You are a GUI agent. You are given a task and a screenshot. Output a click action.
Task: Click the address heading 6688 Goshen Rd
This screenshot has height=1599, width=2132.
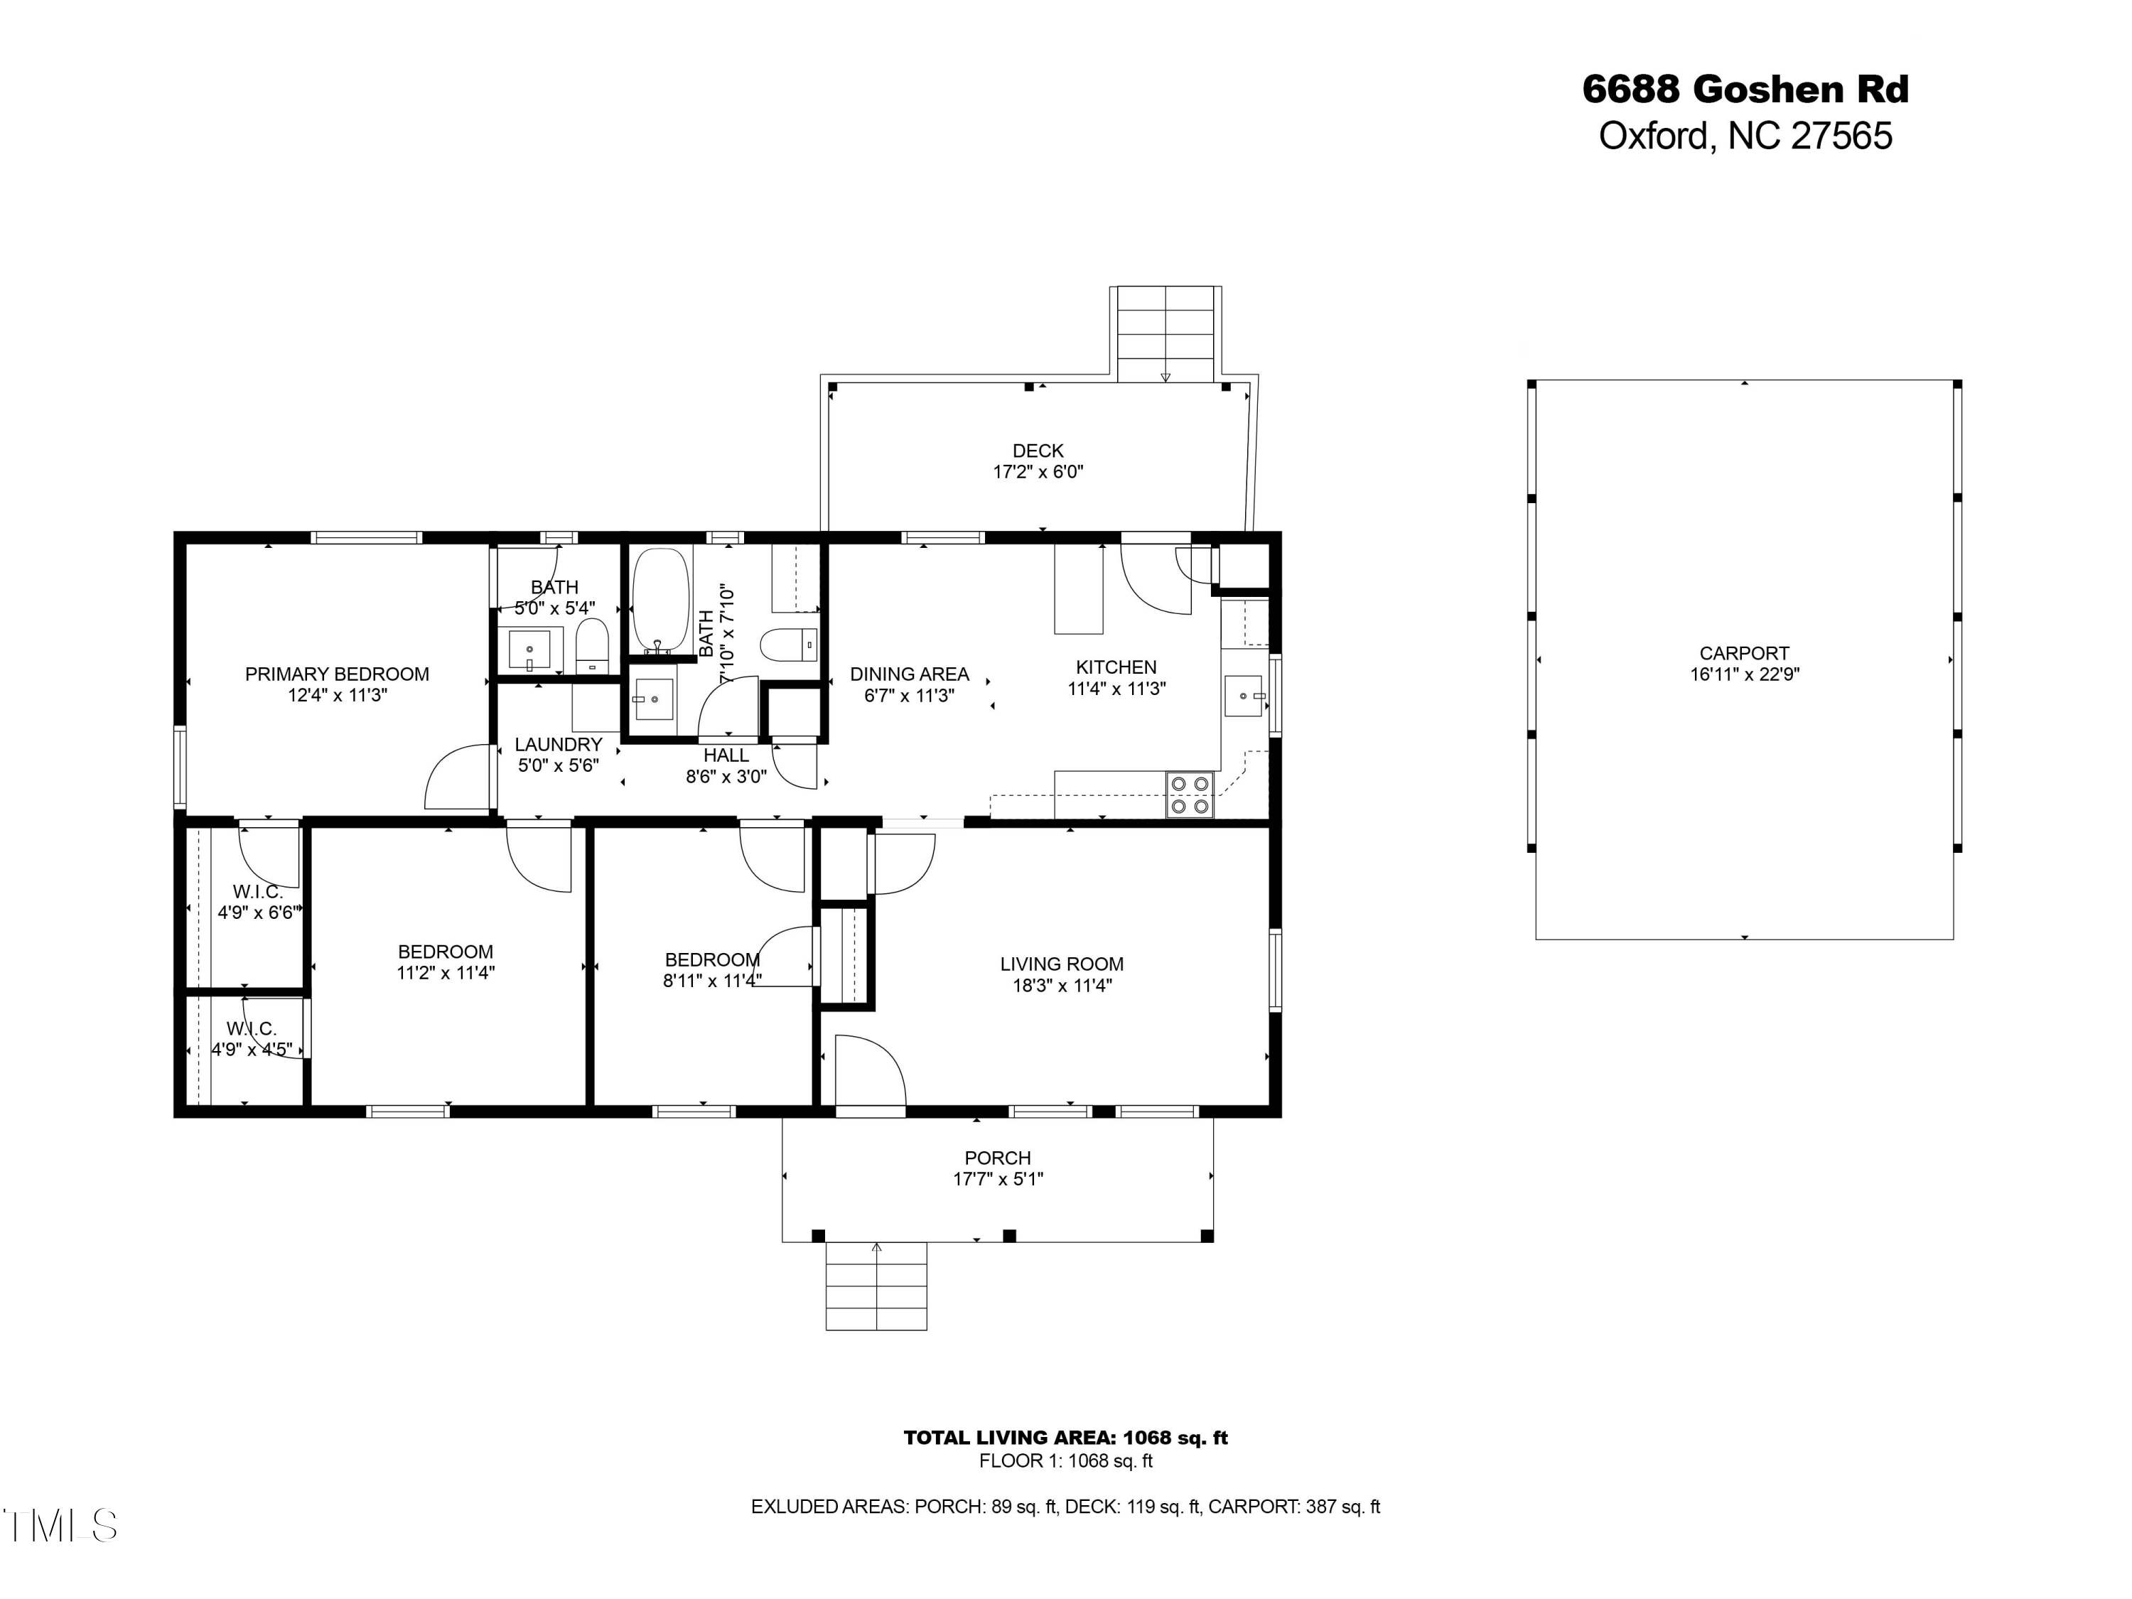(x=1745, y=90)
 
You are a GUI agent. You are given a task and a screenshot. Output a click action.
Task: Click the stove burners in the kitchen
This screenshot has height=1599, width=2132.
(x=1190, y=795)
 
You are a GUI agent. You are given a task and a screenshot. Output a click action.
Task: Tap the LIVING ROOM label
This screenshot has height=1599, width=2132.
(x=1061, y=964)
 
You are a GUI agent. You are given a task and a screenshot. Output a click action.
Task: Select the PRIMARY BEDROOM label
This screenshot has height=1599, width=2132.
(x=336, y=674)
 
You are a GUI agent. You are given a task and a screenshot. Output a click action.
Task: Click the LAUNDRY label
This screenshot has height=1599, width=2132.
(x=558, y=744)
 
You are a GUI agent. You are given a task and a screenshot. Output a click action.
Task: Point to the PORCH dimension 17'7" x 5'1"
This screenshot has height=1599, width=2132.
(x=998, y=1179)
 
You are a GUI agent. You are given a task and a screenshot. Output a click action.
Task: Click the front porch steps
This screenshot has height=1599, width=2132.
(x=876, y=1287)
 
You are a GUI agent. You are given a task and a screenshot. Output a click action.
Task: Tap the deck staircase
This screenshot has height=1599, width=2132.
(x=1165, y=333)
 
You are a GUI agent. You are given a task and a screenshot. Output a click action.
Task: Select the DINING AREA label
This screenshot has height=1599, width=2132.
(x=909, y=674)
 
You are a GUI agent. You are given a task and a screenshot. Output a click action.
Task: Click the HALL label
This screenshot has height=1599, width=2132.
(x=725, y=755)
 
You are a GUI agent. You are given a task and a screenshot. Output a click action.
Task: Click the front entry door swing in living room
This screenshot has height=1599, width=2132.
(x=868, y=1072)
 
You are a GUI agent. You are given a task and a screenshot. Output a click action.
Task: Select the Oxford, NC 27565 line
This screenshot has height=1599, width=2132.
(x=1745, y=136)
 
